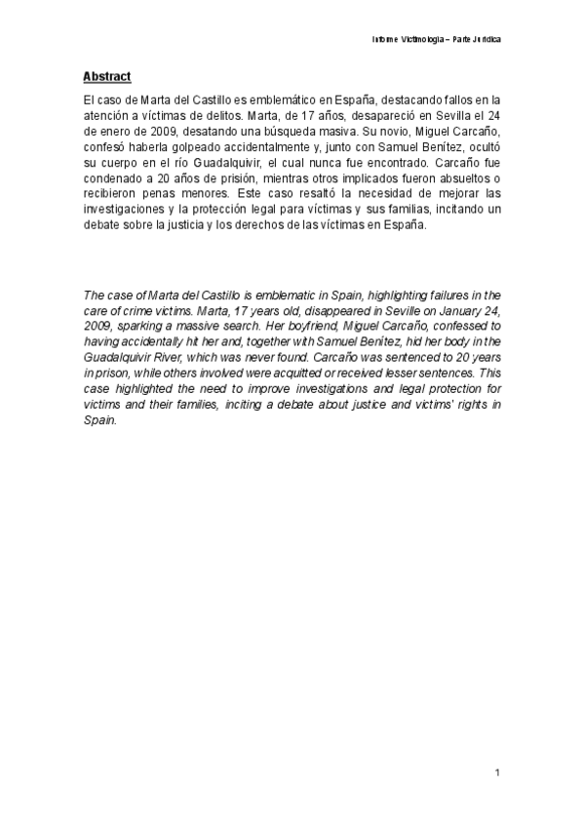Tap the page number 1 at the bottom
497,772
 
